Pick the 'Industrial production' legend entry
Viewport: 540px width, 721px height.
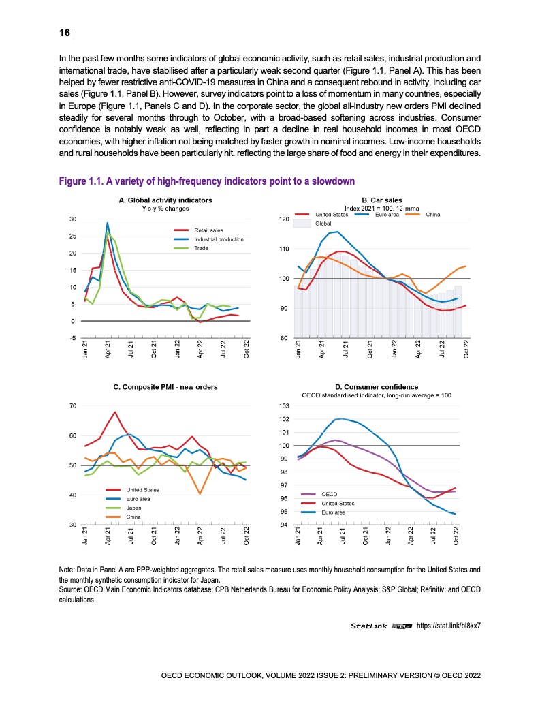click(219, 239)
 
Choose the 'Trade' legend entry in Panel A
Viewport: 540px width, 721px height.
click(202, 249)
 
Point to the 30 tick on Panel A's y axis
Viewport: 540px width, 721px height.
click(72, 219)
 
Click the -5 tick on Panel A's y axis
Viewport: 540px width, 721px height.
click(73, 338)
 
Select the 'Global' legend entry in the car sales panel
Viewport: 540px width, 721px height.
click(323, 223)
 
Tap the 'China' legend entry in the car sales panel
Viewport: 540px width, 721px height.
click(432, 215)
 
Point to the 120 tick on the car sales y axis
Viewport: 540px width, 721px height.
click(285, 220)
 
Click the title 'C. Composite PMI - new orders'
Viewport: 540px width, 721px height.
click(165, 386)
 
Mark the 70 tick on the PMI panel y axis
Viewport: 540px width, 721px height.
click(72, 406)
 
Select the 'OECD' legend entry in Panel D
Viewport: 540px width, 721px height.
click(329, 493)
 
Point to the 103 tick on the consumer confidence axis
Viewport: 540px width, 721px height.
click(285, 406)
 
